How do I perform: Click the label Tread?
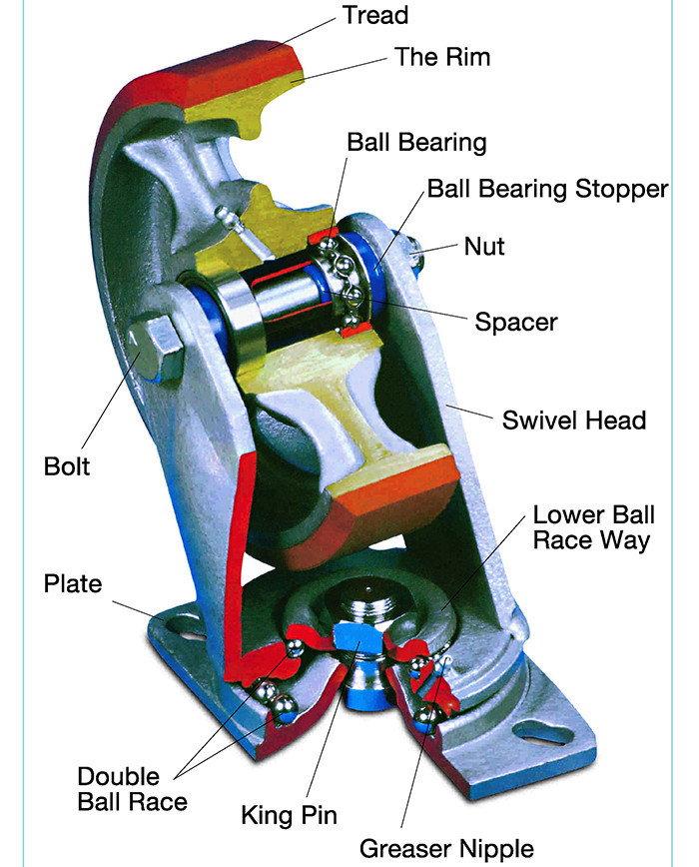click(x=375, y=15)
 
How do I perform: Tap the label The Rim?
click(x=442, y=57)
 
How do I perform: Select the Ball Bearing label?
click(x=416, y=142)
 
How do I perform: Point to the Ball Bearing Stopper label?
click(x=547, y=189)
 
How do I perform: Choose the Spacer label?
click(x=515, y=322)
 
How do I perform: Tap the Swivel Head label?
click(x=573, y=419)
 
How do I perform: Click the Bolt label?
click(x=67, y=465)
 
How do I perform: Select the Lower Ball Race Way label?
click(x=593, y=527)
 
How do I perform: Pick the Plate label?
click(x=73, y=583)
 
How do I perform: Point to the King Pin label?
click(x=288, y=814)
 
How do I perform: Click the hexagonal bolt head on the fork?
click(x=156, y=346)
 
